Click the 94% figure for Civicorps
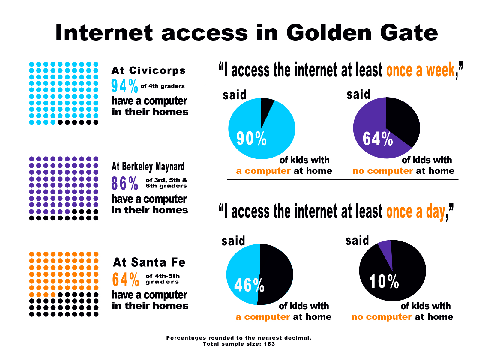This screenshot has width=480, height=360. pos(124,86)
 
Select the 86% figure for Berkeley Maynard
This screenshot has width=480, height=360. pos(124,183)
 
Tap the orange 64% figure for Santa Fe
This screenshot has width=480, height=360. pos(126,280)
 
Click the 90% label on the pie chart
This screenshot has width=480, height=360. pos(251,139)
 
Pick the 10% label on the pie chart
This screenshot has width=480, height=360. pos(384,282)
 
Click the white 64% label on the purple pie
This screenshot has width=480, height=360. pos(378,139)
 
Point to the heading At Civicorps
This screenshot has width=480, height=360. pos(148,70)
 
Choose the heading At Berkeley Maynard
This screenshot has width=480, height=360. pos(148,166)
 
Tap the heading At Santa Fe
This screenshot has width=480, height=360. pos(149,262)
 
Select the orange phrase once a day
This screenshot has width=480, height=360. pos(415,211)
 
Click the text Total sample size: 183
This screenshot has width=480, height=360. pos(239,344)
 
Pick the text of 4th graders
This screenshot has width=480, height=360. pos(163,86)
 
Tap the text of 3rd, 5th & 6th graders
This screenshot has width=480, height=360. pos(166,183)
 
